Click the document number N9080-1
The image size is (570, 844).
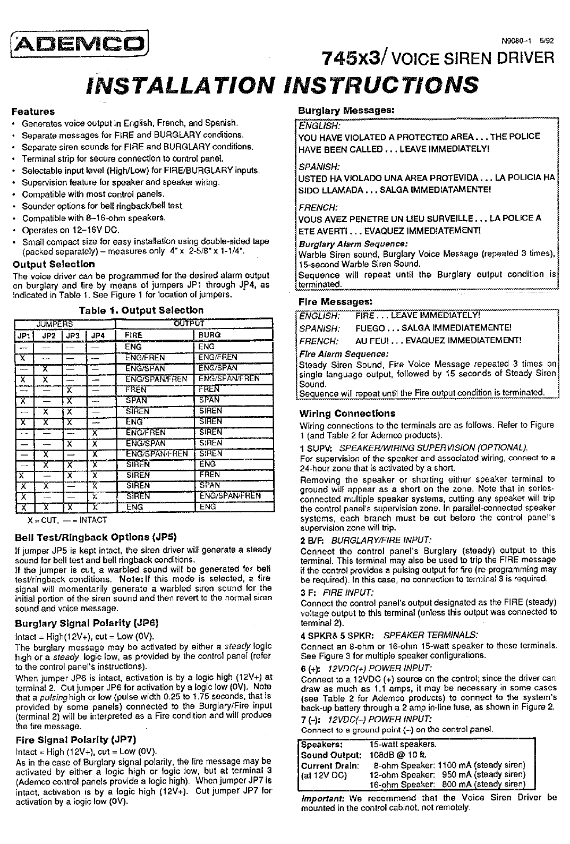click(x=515, y=40)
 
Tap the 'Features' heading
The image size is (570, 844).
click(x=33, y=112)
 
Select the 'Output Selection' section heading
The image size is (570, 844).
click(x=54, y=264)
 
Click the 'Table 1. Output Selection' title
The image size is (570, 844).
click(x=141, y=310)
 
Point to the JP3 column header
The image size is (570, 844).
click(x=73, y=335)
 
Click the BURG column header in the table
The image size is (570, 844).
click(x=209, y=335)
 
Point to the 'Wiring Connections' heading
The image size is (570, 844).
click(x=347, y=413)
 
